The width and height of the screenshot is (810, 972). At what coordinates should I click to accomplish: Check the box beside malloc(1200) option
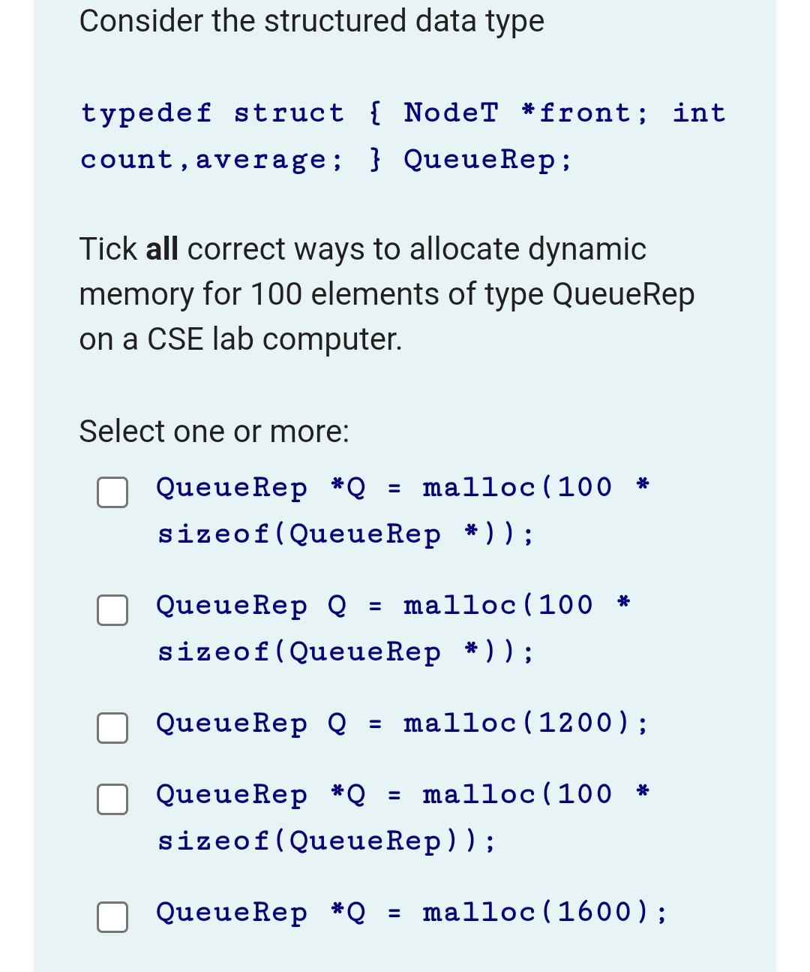[x=112, y=728]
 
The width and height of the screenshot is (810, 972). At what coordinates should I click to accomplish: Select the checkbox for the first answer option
[x=112, y=492]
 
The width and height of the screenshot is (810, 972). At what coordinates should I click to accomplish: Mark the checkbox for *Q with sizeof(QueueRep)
[x=112, y=799]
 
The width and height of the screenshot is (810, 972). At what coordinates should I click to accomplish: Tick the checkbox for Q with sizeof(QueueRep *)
[x=112, y=609]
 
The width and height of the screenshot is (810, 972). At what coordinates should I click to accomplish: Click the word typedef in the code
[x=146, y=113]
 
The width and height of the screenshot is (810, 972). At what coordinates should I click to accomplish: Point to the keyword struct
[x=289, y=113]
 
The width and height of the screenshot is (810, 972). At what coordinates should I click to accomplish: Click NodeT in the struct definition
[x=451, y=113]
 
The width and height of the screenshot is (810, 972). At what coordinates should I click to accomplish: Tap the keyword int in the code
[x=699, y=113]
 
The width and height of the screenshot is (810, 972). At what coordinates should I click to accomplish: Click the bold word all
[x=162, y=249]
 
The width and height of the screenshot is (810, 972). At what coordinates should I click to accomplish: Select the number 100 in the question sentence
[x=276, y=294]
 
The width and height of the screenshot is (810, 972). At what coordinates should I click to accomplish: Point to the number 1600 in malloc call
[x=595, y=912]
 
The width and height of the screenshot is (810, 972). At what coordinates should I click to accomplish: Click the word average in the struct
[x=260, y=160]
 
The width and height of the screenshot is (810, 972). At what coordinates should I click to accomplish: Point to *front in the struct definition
[x=577, y=113]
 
